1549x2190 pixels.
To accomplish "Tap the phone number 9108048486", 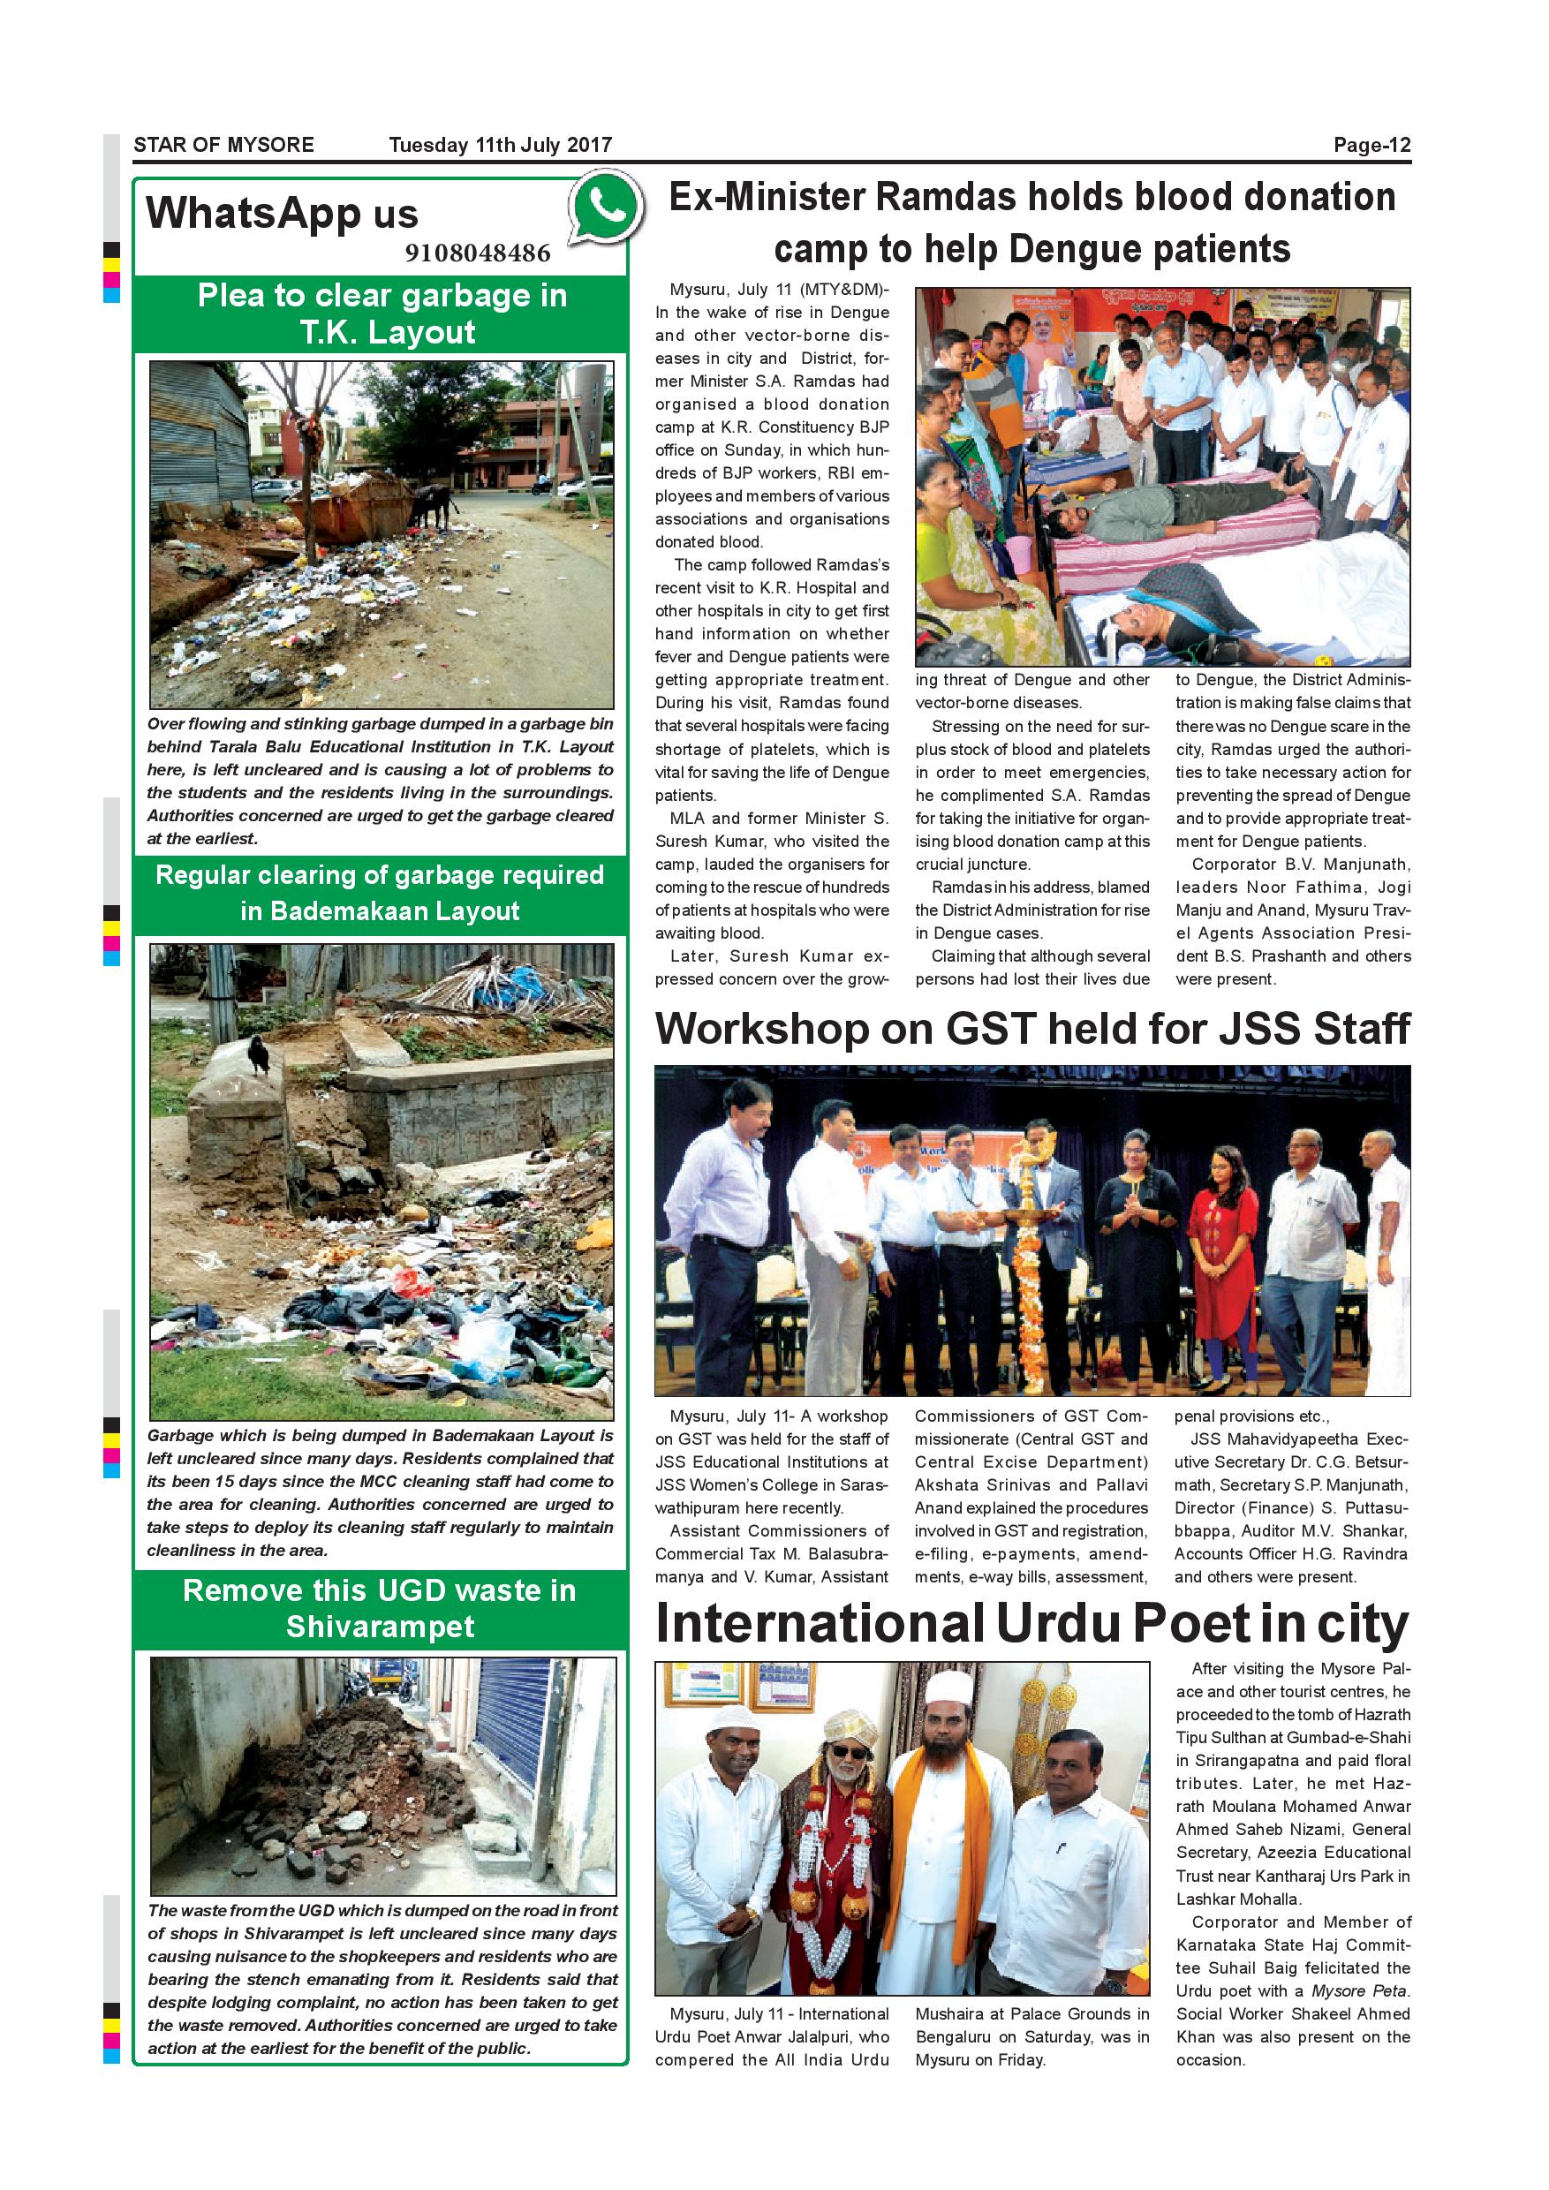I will point(477,253).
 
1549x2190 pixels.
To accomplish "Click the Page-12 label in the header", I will point(1371,145).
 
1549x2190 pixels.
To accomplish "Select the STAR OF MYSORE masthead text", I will point(223,145).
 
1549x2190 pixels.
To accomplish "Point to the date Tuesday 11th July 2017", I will point(500,145).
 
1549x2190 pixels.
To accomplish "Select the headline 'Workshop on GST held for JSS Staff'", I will point(1032,1029).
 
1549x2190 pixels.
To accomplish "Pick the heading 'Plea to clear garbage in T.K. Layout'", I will point(382,313).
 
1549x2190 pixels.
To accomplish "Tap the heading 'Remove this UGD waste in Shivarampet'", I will point(380,1608).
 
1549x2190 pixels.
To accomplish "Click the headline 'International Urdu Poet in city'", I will point(1032,1626).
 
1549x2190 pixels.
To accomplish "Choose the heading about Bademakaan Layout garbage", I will point(380,893).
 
